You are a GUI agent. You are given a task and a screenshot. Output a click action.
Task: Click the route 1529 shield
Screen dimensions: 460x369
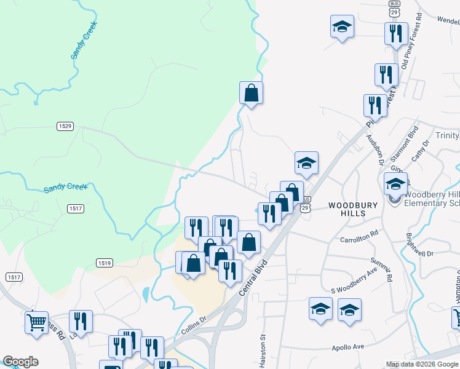[x=65, y=126]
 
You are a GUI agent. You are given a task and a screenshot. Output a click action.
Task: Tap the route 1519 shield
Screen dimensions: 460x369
[x=104, y=263]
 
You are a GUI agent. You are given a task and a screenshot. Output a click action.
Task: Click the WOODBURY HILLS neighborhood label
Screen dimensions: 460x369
[x=347, y=209]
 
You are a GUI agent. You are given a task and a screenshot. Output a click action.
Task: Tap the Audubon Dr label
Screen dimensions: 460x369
[x=375, y=148]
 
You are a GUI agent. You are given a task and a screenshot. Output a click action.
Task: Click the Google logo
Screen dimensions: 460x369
[x=20, y=362]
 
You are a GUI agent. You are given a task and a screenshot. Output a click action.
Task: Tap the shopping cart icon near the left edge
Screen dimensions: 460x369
[x=36, y=320]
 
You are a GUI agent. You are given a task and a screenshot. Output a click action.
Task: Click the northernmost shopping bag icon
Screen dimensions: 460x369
[x=251, y=93]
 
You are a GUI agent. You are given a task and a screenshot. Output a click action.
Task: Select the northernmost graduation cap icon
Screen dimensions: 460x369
[x=342, y=26]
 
